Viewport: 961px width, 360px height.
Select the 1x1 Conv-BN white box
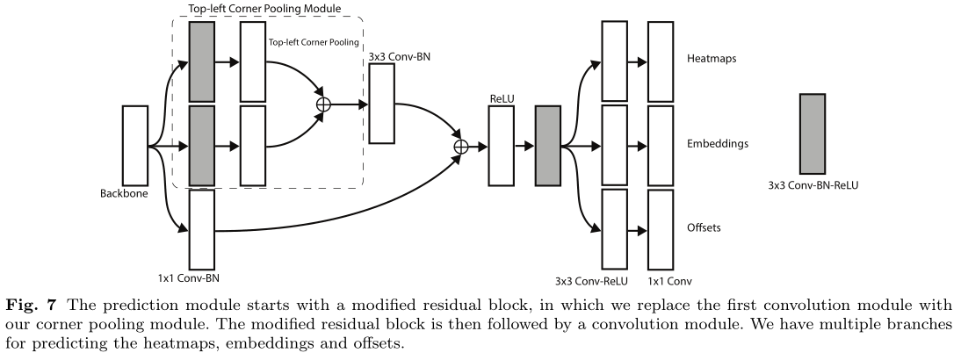tap(202, 229)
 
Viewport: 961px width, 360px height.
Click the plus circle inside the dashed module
tap(323, 104)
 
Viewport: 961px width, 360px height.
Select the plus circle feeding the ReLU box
tap(459, 146)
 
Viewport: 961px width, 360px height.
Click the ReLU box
tap(501, 146)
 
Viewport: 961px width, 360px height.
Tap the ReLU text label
tap(501, 99)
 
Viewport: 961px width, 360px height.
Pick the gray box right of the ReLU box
tap(547, 146)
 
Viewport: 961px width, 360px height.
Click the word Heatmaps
tap(711, 60)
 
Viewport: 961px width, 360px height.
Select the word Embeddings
tap(718, 142)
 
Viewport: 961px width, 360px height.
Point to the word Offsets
tap(704, 227)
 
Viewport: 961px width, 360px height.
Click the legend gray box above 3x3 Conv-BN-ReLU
tap(812, 133)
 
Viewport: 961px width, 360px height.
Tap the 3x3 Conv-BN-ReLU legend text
tap(812, 186)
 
